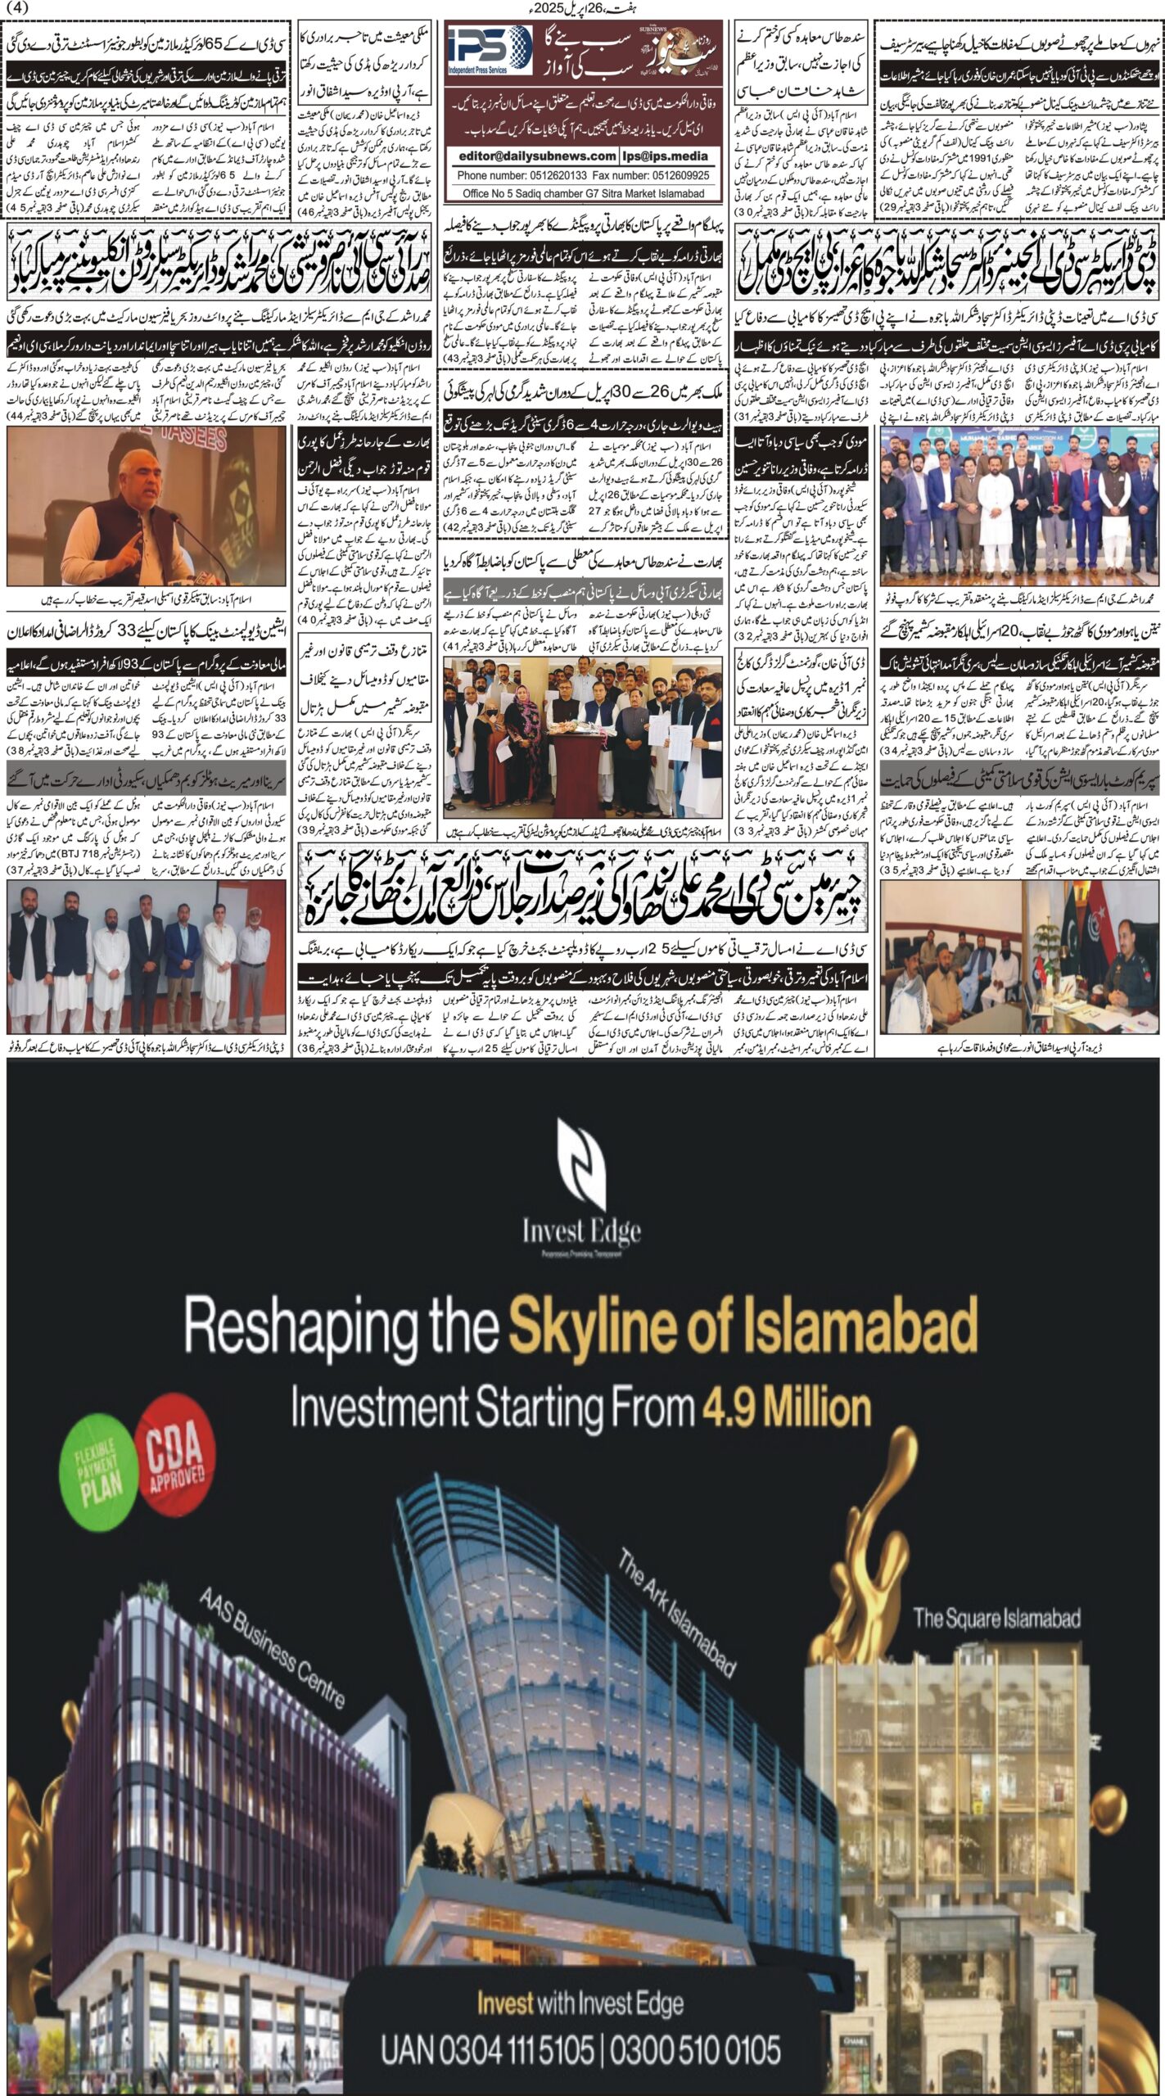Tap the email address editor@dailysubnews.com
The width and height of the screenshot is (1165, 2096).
click(x=537, y=156)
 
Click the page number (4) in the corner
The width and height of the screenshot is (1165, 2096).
click(x=16, y=8)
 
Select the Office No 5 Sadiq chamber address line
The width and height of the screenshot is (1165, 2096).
click(x=584, y=194)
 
